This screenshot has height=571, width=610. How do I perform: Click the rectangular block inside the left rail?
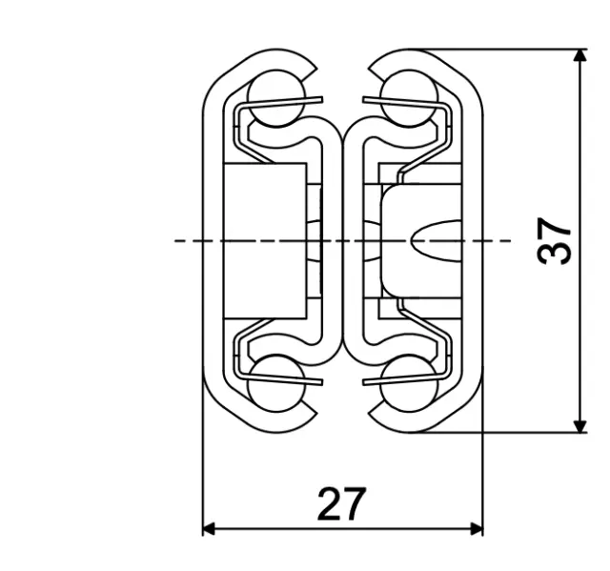pos(265,240)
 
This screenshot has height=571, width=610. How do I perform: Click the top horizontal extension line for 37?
pos(505,50)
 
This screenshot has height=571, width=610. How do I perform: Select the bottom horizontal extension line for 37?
pos(505,432)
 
